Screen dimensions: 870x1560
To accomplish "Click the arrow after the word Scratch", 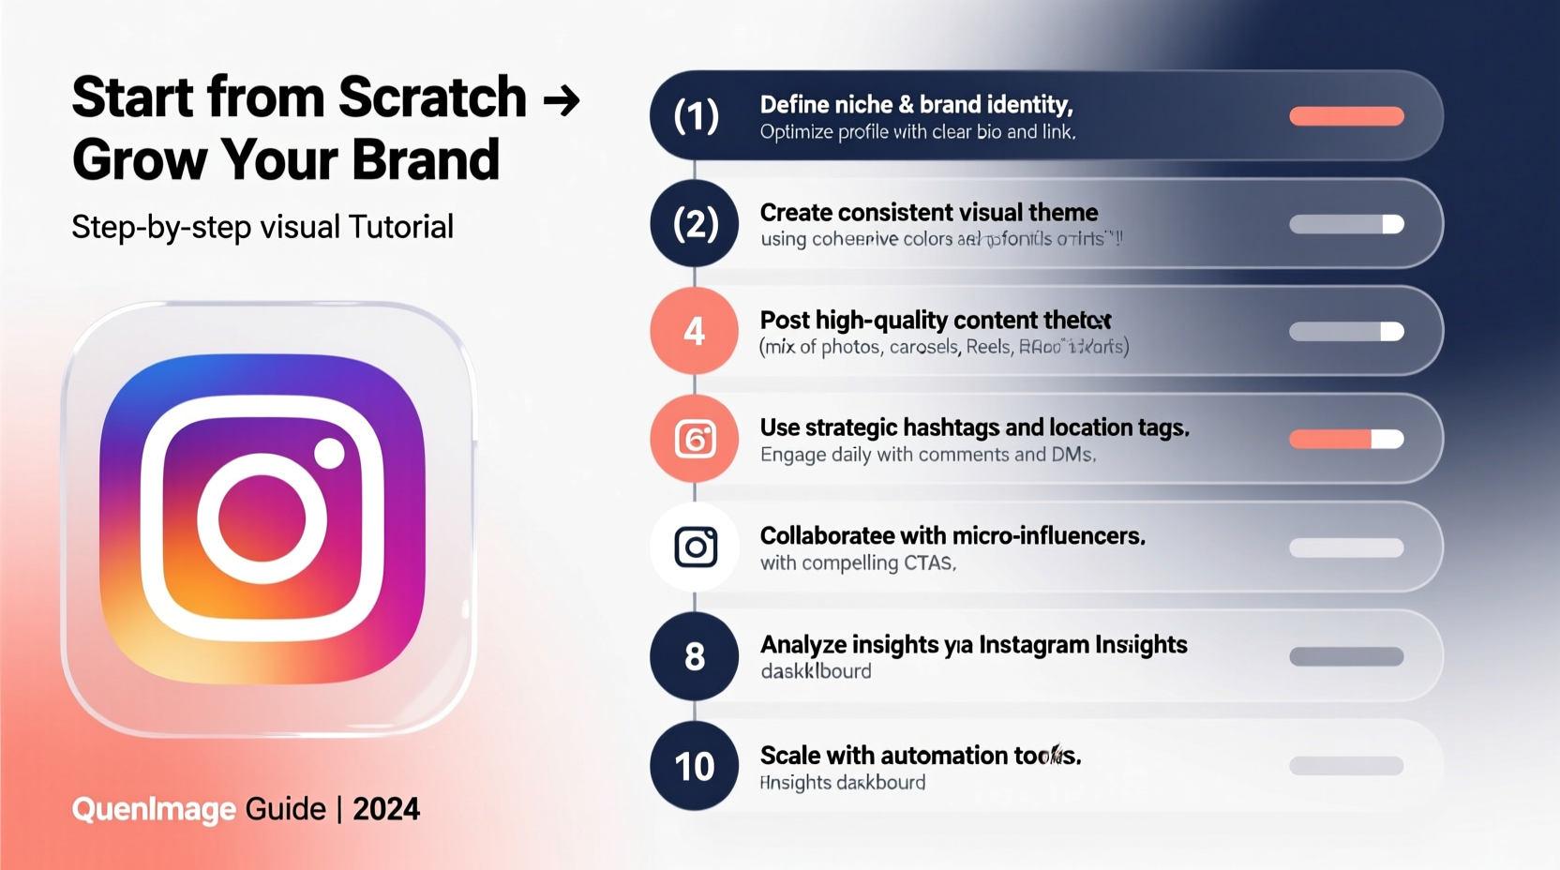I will coord(562,99).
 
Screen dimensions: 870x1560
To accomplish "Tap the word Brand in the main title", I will coord(426,160).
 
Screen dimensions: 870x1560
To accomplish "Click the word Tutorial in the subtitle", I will coord(400,227).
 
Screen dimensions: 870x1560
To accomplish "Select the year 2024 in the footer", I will coord(386,809).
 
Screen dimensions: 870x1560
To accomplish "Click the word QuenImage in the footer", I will coord(154,809).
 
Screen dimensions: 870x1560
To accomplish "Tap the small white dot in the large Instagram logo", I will coord(329,453).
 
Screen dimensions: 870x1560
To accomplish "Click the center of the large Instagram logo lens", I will coord(262,518).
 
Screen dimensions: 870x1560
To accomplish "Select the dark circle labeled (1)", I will coord(696,116).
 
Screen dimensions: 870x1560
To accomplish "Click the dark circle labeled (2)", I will coord(695,224).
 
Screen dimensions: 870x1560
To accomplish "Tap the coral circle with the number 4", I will coord(695,331).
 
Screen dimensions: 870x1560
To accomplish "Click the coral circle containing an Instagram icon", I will coord(695,439).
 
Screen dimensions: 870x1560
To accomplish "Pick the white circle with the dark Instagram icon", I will coord(695,547).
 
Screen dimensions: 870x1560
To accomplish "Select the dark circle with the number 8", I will coord(695,656).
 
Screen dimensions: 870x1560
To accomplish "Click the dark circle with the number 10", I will coord(695,766).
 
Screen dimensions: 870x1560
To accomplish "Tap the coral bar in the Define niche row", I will coord(1346,116).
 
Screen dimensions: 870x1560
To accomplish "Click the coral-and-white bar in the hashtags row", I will coord(1346,439).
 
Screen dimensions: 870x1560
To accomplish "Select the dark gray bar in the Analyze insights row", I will coord(1346,656).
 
